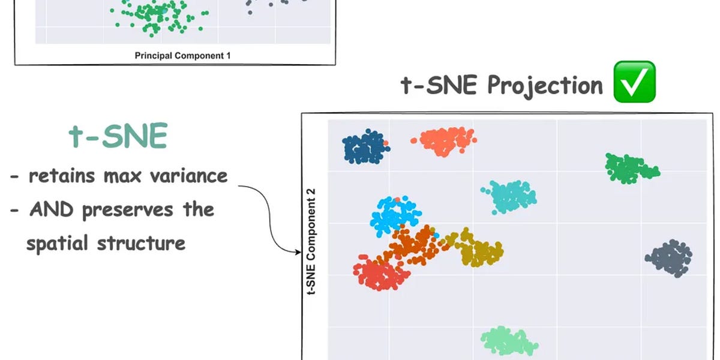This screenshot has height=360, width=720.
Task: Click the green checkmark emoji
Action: click(x=634, y=82)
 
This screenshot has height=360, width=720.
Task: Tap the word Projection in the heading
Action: click(x=545, y=85)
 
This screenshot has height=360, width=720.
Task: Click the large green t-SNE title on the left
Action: click(x=118, y=137)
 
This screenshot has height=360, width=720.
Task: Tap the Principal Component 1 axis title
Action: click(x=182, y=56)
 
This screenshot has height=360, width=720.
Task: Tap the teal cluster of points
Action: click(x=509, y=196)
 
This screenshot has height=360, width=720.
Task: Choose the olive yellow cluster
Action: click(x=481, y=249)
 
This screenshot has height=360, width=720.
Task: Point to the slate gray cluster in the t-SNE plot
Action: click(x=670, y=258)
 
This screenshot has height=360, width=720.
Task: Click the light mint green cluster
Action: click(x=509, y=341)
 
